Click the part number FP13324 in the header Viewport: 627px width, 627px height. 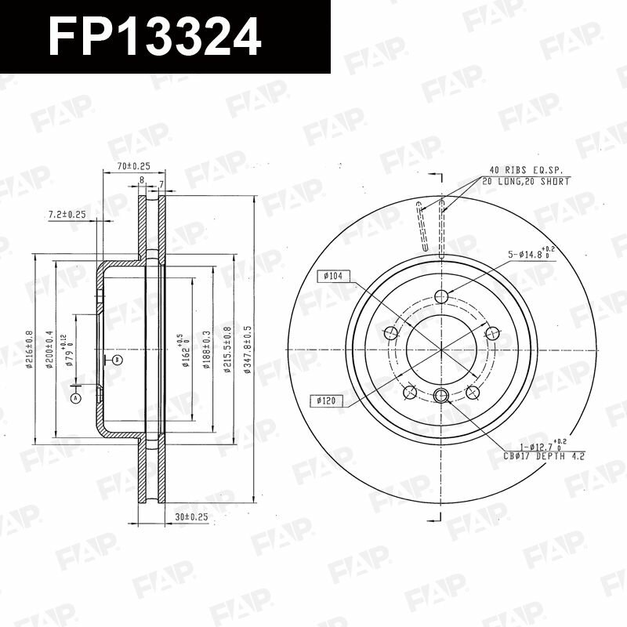pyautogui.click(x=154, y=36)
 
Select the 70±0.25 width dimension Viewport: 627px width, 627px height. pyautogui.click(x=132, y=166)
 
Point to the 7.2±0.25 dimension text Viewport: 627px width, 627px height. pyautogui.click(x=67, y=214)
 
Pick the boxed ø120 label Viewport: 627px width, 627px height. pyautogui.click(x=327, y=400)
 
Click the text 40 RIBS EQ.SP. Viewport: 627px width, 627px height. pyautogui.click(x=527, y=169)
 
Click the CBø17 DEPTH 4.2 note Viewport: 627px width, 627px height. pyautogui.click(x=543, y=455)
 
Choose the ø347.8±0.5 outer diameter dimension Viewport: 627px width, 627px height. pyautogui.click(x=248, y=349)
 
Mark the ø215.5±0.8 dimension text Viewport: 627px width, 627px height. pyautogui.click(x=227, y=349)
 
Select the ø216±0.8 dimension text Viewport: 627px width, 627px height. pyautogui.click(x=29, y=349)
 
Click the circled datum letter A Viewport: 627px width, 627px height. pyautogui.click(x=76, y=398)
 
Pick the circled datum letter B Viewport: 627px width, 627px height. pyautogui.click(x=116, y=360)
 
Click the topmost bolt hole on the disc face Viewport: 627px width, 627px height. pyautogui.click(x=440, y=295)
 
